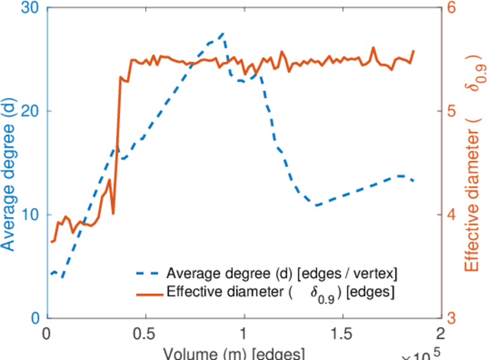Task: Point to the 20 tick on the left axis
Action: coord(29,112)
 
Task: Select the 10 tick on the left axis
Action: coord(29,215)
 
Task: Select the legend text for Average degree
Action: coord(282,274)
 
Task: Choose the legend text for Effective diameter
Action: coord(282,293)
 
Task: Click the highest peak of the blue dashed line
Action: coord(223,34)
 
